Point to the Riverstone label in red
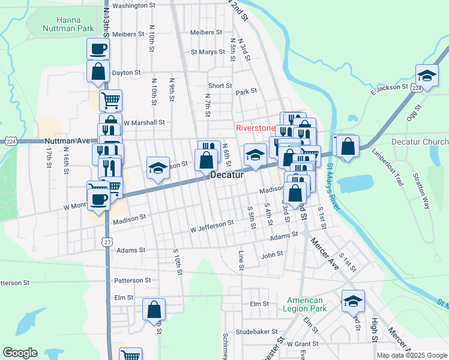click(x=255, y=128)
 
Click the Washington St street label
click(x=134, y=5)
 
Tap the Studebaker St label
click(x=257, y=331)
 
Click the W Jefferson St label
click(x=211, y=226)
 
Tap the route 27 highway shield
click(x=107, y=241)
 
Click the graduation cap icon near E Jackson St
click(x=427, y=75)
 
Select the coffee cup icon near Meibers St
click(x=98, y=49)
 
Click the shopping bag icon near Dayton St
click(x=98, y=71)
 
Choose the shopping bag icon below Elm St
click(x=154, y=310)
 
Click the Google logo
click(x=20, y=353)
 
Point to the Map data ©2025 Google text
click(x=411, y=355)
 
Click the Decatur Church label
click(x=420, y=142)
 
